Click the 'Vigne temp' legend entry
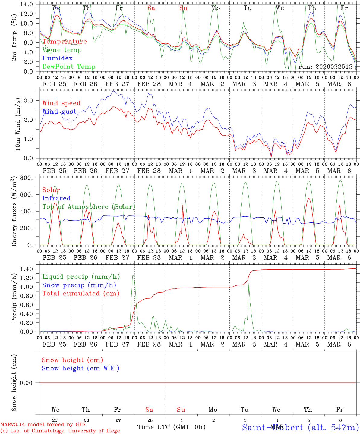point(62,50)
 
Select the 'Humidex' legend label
point(57,58)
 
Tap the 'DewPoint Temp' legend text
point(69,67)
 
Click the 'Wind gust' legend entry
point(59,112)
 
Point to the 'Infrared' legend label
point(56,198)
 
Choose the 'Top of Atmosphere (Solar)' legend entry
point(89,207)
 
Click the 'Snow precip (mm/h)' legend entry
point(79,285)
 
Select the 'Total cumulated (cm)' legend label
point(81,294)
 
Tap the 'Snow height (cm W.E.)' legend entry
point(80,368)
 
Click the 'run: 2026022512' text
point(325,67)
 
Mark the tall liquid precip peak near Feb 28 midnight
point(133,276)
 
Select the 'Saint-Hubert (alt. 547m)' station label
point(300,427)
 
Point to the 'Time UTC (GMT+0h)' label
point(171,427)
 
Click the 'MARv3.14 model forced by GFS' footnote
point(43,425)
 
